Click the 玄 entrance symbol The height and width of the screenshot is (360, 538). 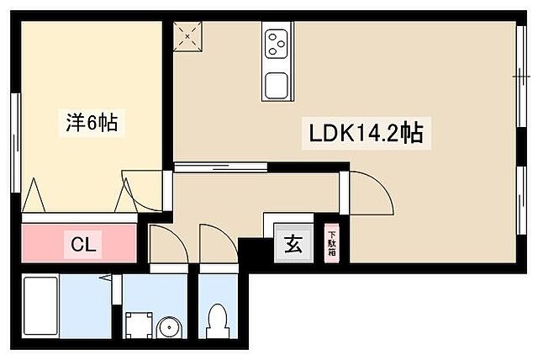pyautogui.click(x=293, y=245)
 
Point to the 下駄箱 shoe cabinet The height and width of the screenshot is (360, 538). pyautogui.click(x=331, y=244)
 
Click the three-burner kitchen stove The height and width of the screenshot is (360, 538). pyautogui.click(x=276, y=42)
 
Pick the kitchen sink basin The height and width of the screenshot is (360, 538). pyautogui.click(x=276, y=85)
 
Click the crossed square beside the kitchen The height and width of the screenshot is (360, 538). pyautogui.click(x=185, y=36)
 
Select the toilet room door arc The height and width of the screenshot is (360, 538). pyautogui.click(x=215, y=241)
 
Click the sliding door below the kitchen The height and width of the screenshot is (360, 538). pyautogui.click(x=220, y=167)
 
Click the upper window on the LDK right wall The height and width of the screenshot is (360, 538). pyautogui.click(x=519, y=76)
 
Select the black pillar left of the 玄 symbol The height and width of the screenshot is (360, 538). pyautogui.click(x=251, y=251)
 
